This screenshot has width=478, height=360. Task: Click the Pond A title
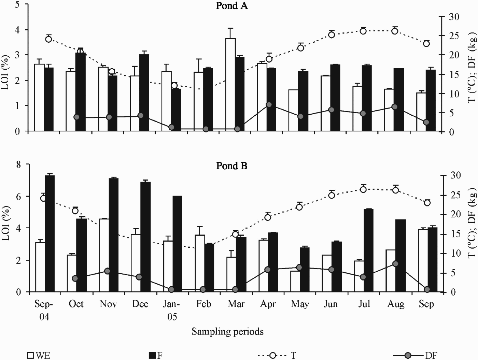click(232, 6)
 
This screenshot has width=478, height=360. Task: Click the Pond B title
click(232, 166)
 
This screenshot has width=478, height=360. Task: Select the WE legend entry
click(39, 355)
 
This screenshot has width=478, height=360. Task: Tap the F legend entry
click(155, 355)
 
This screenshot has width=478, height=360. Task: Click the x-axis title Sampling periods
click(227, 331)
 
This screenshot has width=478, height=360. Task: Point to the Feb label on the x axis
click(203, 304)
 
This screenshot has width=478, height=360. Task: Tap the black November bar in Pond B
click(113, 235)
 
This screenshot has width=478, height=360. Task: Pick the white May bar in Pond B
click(295, 282)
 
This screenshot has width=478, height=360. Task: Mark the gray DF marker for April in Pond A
click(269, 105)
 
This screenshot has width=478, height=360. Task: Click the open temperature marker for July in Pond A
click(363, 31)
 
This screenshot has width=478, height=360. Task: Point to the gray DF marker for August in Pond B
click(395, 264)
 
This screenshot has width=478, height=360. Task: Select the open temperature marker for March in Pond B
click(235, 234)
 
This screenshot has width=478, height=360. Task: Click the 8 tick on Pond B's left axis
click(18, 164)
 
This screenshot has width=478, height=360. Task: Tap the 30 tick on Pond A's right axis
click(454, 17)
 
